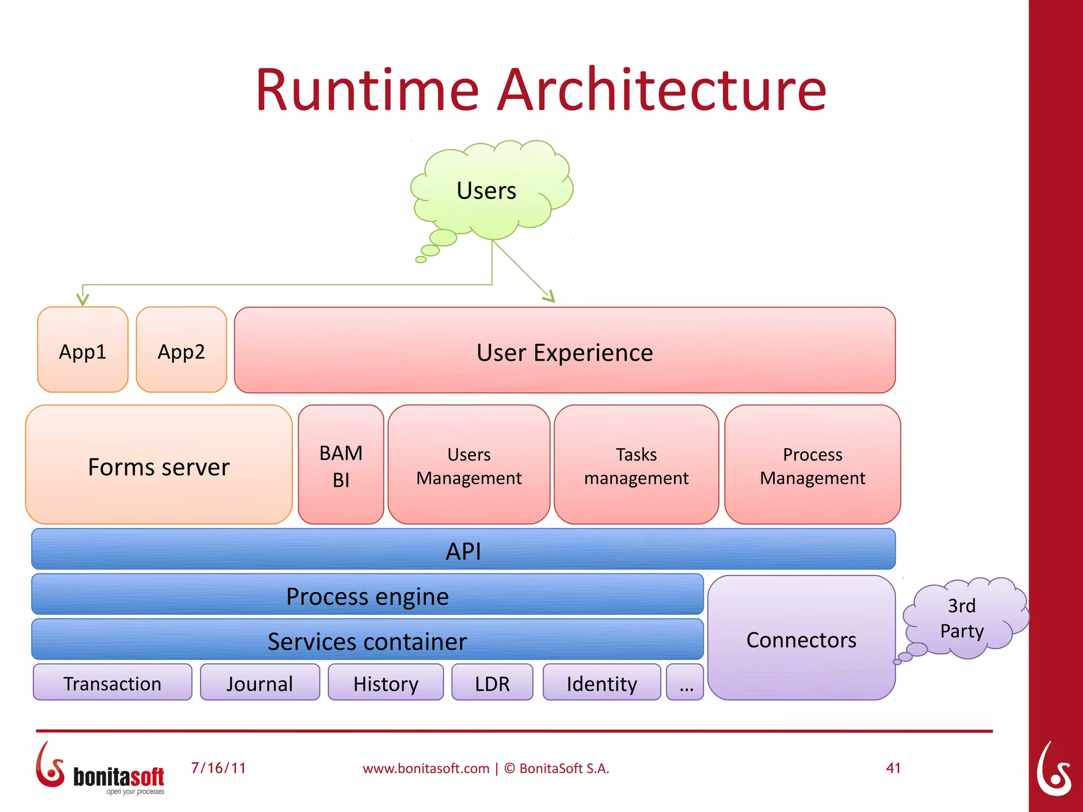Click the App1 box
[x=82, y=349]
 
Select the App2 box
[x=181, y=349]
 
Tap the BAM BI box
[x=341, y=465]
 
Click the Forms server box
[x=159, y=465]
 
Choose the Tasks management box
[x=636, y=465]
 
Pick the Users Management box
[x=469, y=465]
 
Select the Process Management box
[x=812, y=465]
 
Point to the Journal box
[x=260, y=682]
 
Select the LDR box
[x=492, y=682]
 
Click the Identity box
[x=602, y=682]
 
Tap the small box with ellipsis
[x=685, y=682]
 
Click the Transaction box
[x=112, y=682]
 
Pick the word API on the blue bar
[x=463, y=551]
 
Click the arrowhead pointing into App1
[x=82, y=299]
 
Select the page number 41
[x=893, y=768]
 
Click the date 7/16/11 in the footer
[x=218, y=768]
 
